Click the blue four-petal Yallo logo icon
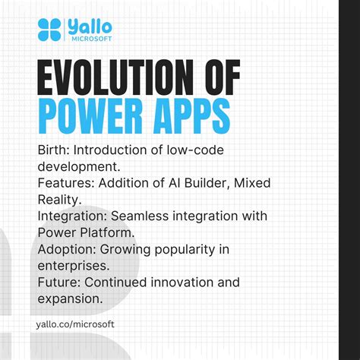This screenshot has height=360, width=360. pyautogui.click(x=51, y=30)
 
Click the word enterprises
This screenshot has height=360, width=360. pyautogui.click(x=73, y=266)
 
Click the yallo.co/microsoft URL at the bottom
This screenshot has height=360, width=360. pyautogui.click(x=75, y=324)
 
